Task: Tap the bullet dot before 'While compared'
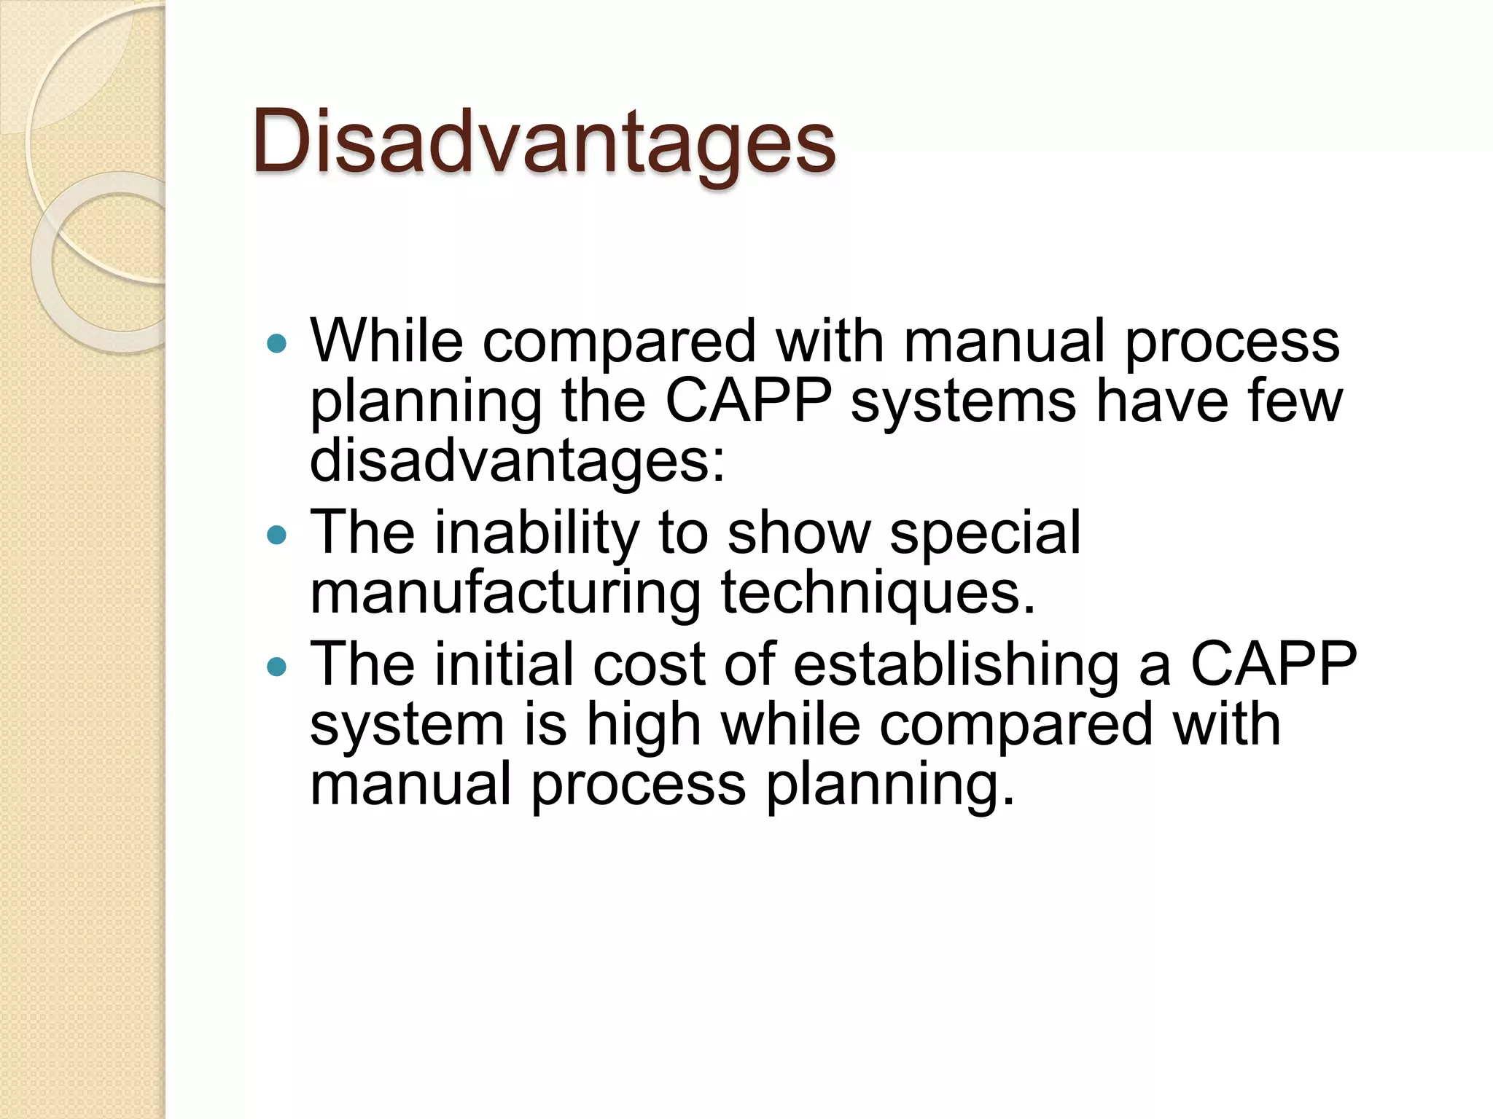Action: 277,343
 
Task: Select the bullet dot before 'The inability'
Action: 277,535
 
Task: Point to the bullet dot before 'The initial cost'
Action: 277,666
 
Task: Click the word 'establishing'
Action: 955,665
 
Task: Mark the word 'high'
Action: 643,725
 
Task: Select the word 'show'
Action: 799,534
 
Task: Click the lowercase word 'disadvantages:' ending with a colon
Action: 518,460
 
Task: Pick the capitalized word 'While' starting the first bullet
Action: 386,341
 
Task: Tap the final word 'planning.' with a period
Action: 889,785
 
